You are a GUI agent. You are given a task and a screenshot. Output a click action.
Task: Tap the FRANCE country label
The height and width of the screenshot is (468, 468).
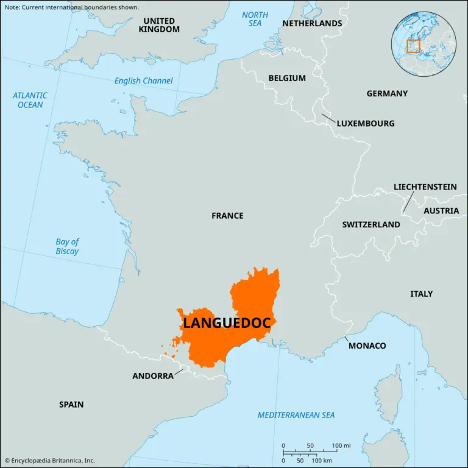[227, 216]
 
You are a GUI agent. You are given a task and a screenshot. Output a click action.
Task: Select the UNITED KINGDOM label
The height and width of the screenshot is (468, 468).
[159, 25]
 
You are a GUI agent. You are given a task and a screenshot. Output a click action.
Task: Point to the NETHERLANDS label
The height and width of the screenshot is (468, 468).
[311, 23]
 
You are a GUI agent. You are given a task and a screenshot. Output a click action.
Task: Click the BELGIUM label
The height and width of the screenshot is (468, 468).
[287, 78]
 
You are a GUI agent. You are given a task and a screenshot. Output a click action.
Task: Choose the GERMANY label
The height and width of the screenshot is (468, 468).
[387, 94]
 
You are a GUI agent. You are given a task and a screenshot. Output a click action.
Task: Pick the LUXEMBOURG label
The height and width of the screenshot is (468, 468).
[366, 123]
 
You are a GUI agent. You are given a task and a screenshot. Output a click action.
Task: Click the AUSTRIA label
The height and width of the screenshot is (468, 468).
[441, 211]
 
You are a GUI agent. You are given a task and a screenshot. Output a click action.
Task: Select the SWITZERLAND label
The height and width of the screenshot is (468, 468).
[371, 224]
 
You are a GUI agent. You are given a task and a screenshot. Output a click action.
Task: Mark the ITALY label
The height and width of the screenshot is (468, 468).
[421, 294]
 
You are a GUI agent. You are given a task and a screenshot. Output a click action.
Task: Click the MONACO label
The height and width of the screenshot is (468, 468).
[367, 346]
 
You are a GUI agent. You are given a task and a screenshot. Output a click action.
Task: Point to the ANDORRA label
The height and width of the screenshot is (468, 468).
[153, 376]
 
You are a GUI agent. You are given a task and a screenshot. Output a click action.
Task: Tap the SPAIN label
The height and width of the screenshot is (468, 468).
[71, 404]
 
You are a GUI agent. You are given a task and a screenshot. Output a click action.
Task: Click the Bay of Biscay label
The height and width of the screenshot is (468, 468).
[67, 246]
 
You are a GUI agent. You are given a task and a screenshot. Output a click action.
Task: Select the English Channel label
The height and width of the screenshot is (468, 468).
[144, 81]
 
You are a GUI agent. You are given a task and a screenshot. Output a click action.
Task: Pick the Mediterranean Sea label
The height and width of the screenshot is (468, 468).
[296, 415]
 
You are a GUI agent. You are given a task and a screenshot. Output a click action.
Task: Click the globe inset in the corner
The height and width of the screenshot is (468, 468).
[424, 42]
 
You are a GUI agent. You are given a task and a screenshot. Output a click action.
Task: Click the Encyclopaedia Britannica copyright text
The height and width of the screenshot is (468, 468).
[50, 461]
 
